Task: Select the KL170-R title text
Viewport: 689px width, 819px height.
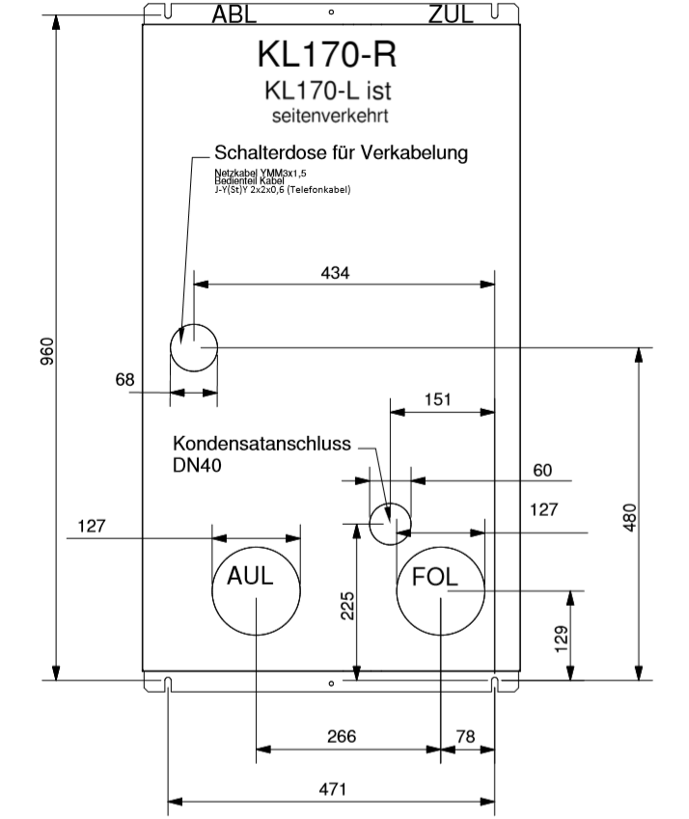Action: click(326, 54)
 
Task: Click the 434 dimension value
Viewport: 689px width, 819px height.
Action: click(336, 273)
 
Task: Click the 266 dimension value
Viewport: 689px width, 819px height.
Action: click(341, 736)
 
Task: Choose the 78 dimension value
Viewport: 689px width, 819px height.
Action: click(465, 736)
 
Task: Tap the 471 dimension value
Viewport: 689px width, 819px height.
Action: click(332, 789)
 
